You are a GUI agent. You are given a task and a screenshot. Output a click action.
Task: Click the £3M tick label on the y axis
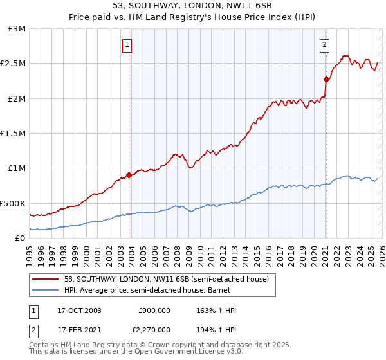click(17, 29)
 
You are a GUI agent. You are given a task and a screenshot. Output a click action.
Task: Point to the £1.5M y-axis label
click(14, 134)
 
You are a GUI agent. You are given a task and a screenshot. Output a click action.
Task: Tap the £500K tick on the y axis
click(14, 203)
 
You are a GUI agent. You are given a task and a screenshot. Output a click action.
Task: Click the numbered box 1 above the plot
click(127, 45)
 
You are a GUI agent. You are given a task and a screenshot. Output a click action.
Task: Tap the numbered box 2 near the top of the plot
click(324, 45)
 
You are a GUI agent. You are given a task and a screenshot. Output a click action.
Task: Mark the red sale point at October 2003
click(129, 174)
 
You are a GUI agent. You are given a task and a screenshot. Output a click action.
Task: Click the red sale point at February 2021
click(326, 80)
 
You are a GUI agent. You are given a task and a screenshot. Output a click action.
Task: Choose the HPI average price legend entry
click(160, 291)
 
